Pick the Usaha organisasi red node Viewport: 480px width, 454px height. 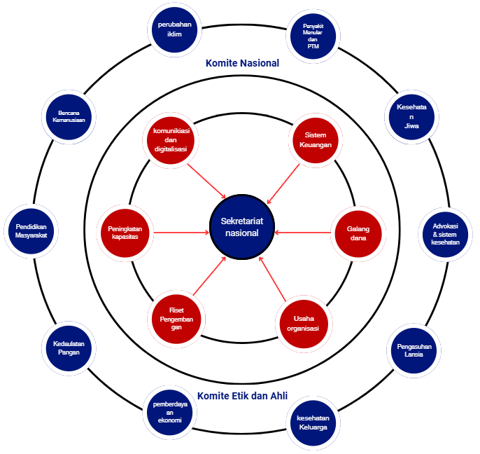click(x=302, y=324)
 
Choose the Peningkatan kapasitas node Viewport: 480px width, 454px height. click(x=123, y=232)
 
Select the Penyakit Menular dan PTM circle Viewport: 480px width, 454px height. click(x=312, y=39)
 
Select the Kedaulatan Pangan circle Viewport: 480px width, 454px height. click(x=69, y=348)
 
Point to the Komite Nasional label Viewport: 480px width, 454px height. click(x=242, y=63)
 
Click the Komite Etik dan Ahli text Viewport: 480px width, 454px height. click(x=242, y=396)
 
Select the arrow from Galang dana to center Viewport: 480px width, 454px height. click(x=303, y=232)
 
